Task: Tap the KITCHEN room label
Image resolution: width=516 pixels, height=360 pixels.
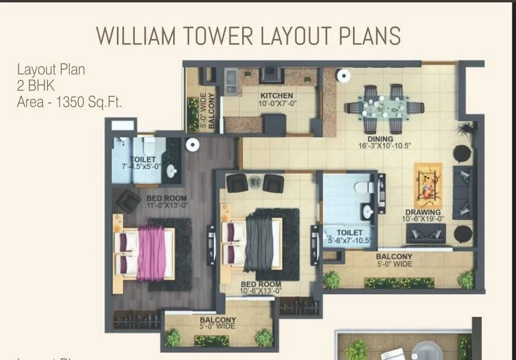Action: click(x=276, y=96)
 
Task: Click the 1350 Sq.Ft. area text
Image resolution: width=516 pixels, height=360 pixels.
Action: click(x=89, y=102)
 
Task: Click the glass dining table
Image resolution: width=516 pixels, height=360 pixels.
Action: click(x=384, y=108)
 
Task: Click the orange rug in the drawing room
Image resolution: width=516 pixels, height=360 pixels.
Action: click(x=428, y=186)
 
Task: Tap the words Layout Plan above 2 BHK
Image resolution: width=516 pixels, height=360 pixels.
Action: click(x=51, y=69)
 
